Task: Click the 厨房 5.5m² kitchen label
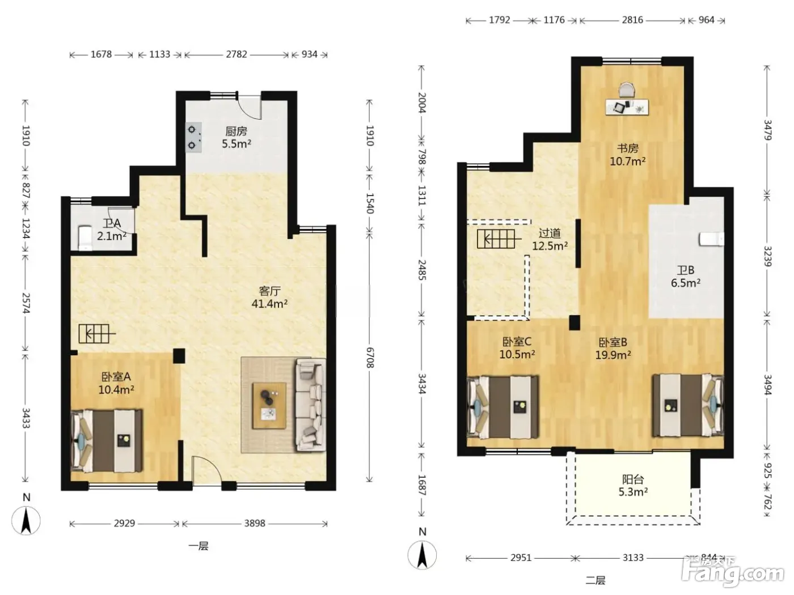[236, 137]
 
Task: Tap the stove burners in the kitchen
[193, 138]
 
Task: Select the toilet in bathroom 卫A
[85, 237]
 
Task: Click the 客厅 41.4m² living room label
[269, 297]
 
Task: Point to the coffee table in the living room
[269, 405]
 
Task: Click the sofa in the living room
[311, 405]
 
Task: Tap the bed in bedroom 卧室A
[107, 441]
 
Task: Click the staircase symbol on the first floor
[96, 333]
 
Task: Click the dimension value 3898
[255, 523]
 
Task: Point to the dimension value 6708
[369, 358]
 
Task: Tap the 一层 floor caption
[198, 546]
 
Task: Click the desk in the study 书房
[627, 107]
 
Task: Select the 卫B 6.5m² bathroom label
[686, 277]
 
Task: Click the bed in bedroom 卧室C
[502, 407]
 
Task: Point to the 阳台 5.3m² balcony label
[633, 486]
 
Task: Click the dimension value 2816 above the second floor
[632, 20]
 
